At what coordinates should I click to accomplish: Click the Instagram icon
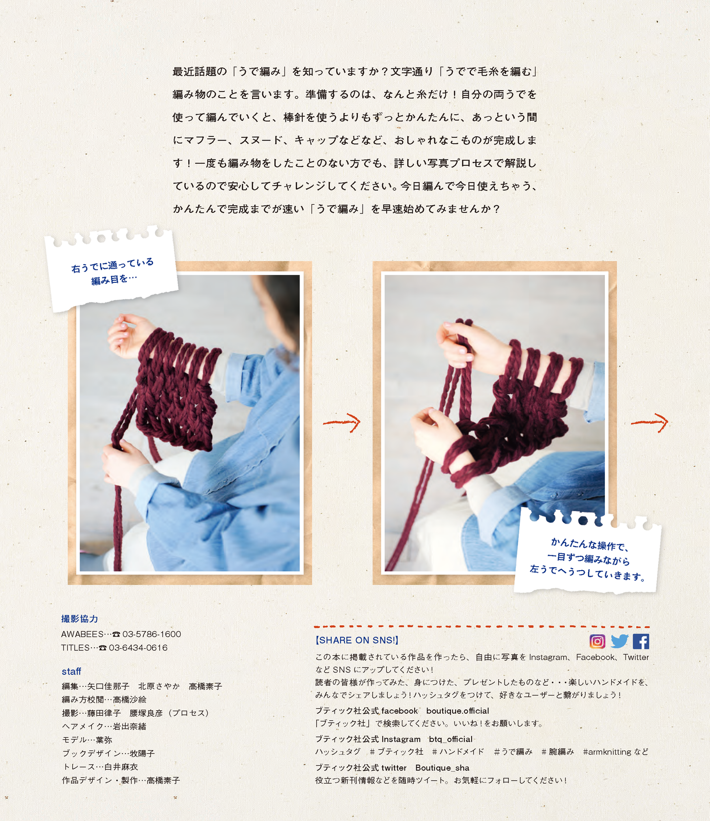click(x=597, y=641)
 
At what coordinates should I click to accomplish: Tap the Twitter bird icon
click(x=620, y=641)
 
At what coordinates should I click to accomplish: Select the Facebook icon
click(x=641, y=641)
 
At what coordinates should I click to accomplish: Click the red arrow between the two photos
click(x=342, y=422)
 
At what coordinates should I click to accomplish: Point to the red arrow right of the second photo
click(x=650, y=422)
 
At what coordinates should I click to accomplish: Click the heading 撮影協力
click(x=80, y=619)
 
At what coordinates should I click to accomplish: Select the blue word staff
click(x=71, y=671)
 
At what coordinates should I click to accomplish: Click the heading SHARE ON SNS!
click(x=357, y=640)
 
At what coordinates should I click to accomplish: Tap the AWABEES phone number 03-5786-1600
click(x=152, y=634)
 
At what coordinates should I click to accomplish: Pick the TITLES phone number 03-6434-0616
click(x=138, y=648)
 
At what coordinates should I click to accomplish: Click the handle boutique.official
click(x=457, y=711)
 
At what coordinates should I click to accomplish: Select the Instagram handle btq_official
click(x=451, y=739)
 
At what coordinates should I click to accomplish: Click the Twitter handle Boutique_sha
click(x=442, y=768)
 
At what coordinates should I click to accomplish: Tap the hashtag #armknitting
click(x=607, y=752)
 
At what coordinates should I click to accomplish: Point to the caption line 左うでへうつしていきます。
click(x=588, y=573)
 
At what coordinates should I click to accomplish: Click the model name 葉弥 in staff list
click(x=104, y=740)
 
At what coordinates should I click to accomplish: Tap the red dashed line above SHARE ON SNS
click(x=482, y=627)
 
